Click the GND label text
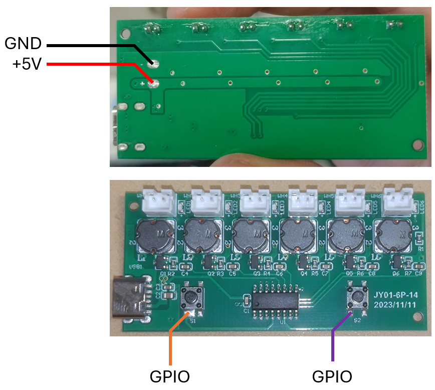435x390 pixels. [x=23, y=44]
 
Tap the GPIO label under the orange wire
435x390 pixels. [x=169, y=376]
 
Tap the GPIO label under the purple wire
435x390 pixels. [x=332, y=376]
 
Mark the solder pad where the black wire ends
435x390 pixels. [x=155, y=64]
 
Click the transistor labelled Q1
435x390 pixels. [x=161, y=262]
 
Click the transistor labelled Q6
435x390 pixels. [x=398, y=262]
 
